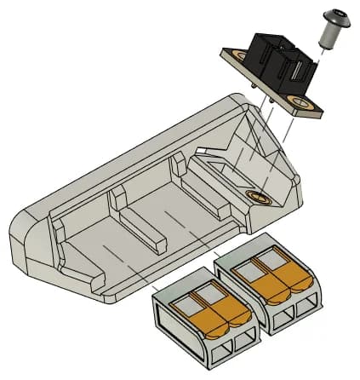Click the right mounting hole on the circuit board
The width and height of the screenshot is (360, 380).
point(301,103)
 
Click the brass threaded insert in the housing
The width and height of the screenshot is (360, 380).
point(259,198)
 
